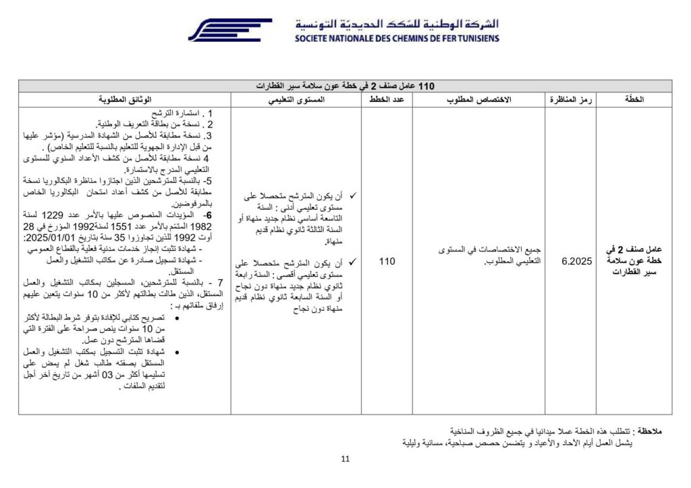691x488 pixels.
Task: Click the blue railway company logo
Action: coord(229,30)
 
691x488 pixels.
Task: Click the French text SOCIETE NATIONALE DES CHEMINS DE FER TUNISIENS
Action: coord(397,38)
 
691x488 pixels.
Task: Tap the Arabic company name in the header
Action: coord(397,24)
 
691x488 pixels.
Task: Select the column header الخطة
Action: coord(634,100)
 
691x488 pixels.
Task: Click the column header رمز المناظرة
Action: coord(570,100)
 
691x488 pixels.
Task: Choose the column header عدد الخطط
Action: coord(387,100)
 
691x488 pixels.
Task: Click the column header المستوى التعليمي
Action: coord(297,100)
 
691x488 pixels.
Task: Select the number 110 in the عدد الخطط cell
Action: coord(387,262)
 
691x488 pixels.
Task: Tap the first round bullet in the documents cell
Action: coord(177,318)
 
